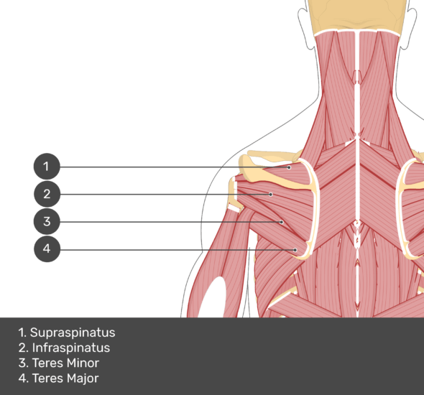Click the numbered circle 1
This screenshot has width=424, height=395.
point(47,167)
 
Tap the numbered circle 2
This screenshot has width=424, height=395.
point(47,194)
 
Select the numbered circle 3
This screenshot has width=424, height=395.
point(47,221)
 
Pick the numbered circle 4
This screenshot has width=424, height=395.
point(47,248)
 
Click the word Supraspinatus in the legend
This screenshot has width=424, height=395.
point(73,333)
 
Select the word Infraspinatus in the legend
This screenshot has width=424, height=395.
point(71,348)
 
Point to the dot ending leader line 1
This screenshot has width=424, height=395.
point(289,167)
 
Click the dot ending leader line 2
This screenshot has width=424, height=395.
point(271,194)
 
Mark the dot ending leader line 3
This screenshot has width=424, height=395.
point(282,222)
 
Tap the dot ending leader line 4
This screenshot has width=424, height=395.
point(295,250)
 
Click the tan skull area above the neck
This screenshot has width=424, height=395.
point(357,15)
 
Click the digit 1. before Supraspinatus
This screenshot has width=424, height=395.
point(22,333)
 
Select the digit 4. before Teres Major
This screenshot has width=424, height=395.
point(23,378)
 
